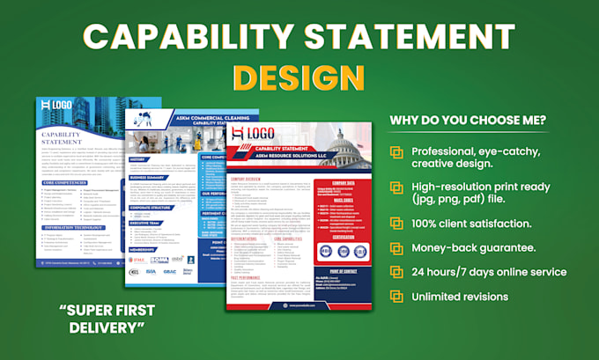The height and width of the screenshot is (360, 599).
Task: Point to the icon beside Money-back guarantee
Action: [x=398, y=250]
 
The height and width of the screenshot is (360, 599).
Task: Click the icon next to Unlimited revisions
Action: [x=398, y=297]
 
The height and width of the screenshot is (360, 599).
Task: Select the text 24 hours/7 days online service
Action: [x=490, y=273]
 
